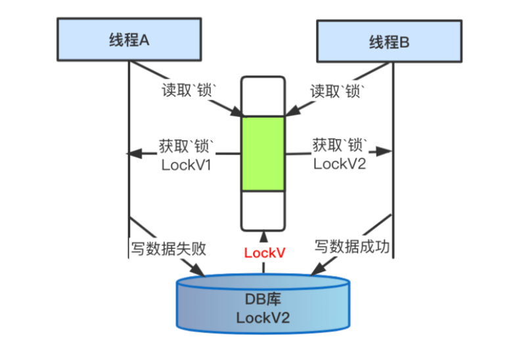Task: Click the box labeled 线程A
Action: pyautogui.click(x=129, y=39)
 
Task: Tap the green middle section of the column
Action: pyautogui.click(x=263, y=153)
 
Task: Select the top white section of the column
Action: pyautogui.click(x=263, y=97)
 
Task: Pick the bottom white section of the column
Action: pyautogui.click(x=263, y=210)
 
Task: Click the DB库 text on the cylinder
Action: pyautogui.click(x=263, y=300)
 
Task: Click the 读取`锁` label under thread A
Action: pyautogui.click(x=189, y=91)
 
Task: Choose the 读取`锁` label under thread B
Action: pyautogui.click(x=337, y=91)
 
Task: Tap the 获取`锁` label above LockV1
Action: pyautogui.click(x=187, y=145)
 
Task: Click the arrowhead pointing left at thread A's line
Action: pyautogui.click(x=131, y=154)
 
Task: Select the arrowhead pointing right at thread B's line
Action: pyautogui.click(x=388, y=152)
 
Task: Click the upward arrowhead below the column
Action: pyautogui.click(x=263, y=235)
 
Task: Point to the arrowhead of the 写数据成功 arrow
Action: pyautogui.click(x=315, y=271)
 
